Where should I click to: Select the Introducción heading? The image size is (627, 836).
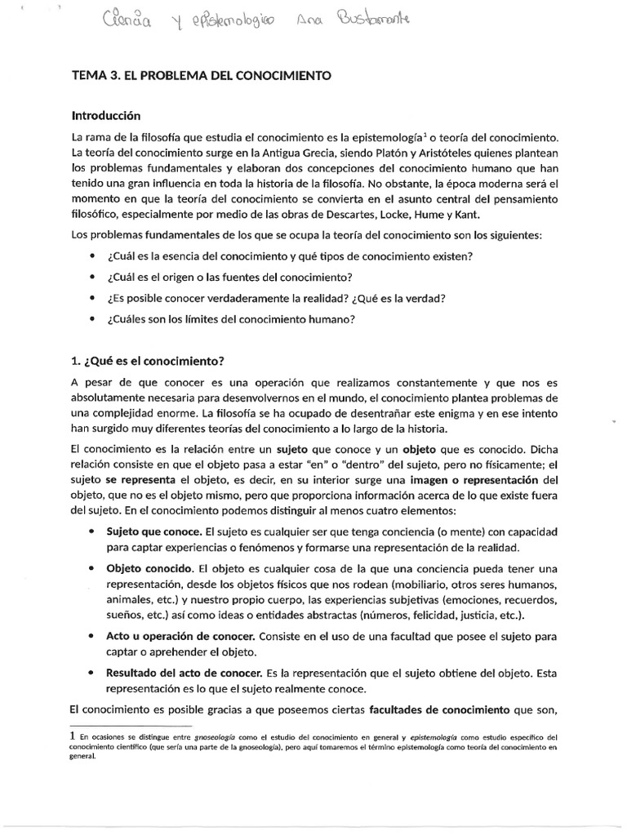[107, 115]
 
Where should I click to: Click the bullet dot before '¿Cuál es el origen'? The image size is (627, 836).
[90, 277]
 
